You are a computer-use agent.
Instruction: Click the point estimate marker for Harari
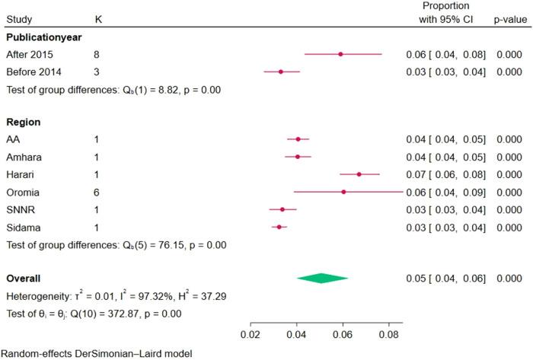click(x=359, y=174)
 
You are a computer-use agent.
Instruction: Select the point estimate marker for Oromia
click(x=343, y=192)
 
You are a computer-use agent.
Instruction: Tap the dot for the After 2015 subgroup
click(x=340, y=54)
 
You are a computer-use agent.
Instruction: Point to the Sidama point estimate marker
click(x=279, y=227)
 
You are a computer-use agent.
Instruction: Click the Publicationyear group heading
click(x=44, y=36)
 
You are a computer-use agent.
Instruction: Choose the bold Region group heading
click(x=23, y=122)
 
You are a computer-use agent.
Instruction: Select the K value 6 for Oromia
click(x=97, y=192)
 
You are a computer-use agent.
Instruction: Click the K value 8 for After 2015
click(x=97, y=54)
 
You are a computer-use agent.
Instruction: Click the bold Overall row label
click(x=24, y=279)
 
